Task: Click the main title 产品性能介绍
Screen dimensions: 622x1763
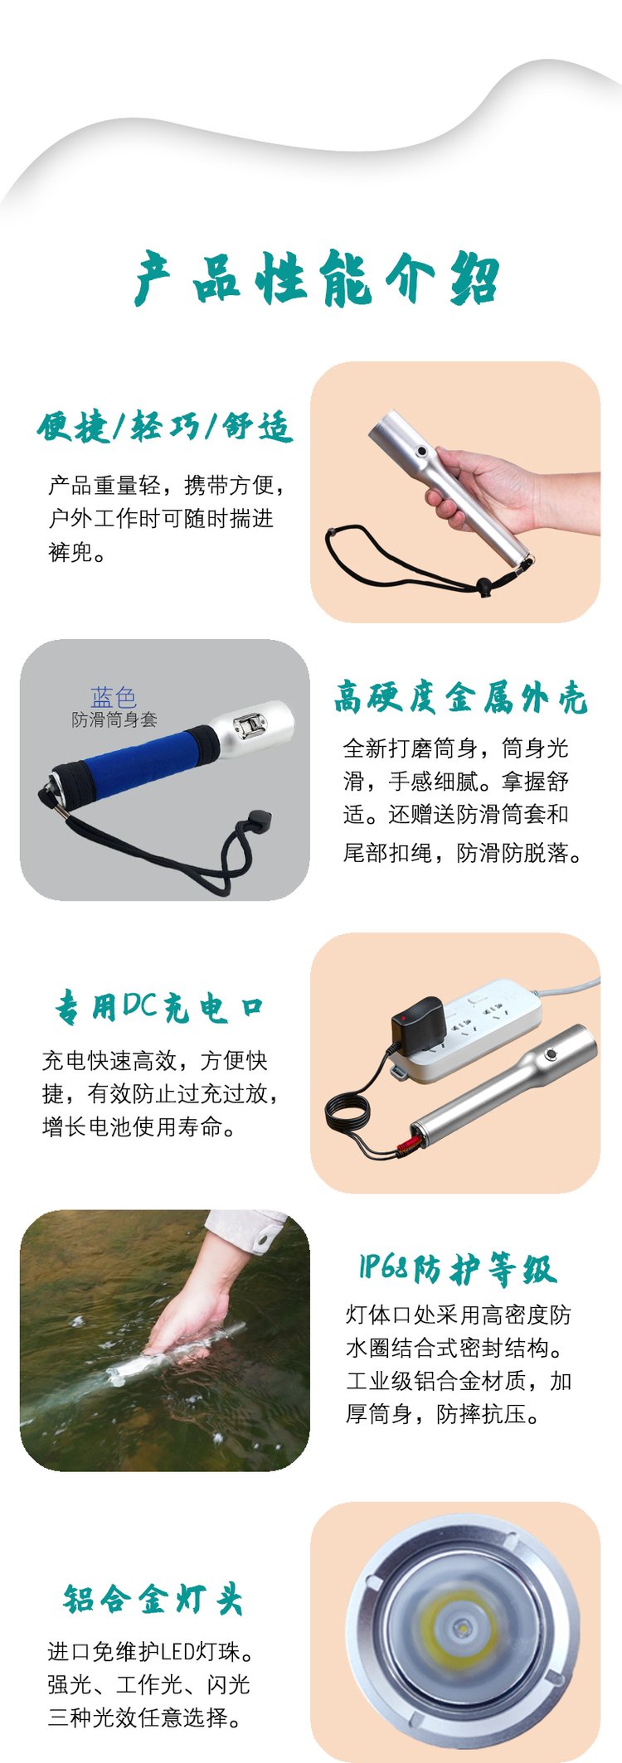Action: [x=317, y=278]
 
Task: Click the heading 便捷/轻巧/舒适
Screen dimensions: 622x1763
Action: [x=165, y=428]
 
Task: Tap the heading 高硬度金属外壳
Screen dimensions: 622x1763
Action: [x=460, y=697]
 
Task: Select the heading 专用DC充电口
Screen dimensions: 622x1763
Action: [x=159, y=1006]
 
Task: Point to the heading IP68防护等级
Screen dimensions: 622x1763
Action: [x=457, y=1268]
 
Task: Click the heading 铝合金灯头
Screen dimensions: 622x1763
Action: [x=153, y=1599]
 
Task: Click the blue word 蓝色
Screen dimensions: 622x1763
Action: [x=114, y=697]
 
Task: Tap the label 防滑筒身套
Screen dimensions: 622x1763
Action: [x=114, y=719]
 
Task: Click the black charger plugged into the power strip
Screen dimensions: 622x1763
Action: [x=419, y=1026]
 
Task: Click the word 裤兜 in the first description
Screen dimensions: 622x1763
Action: [x=70, y=552]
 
